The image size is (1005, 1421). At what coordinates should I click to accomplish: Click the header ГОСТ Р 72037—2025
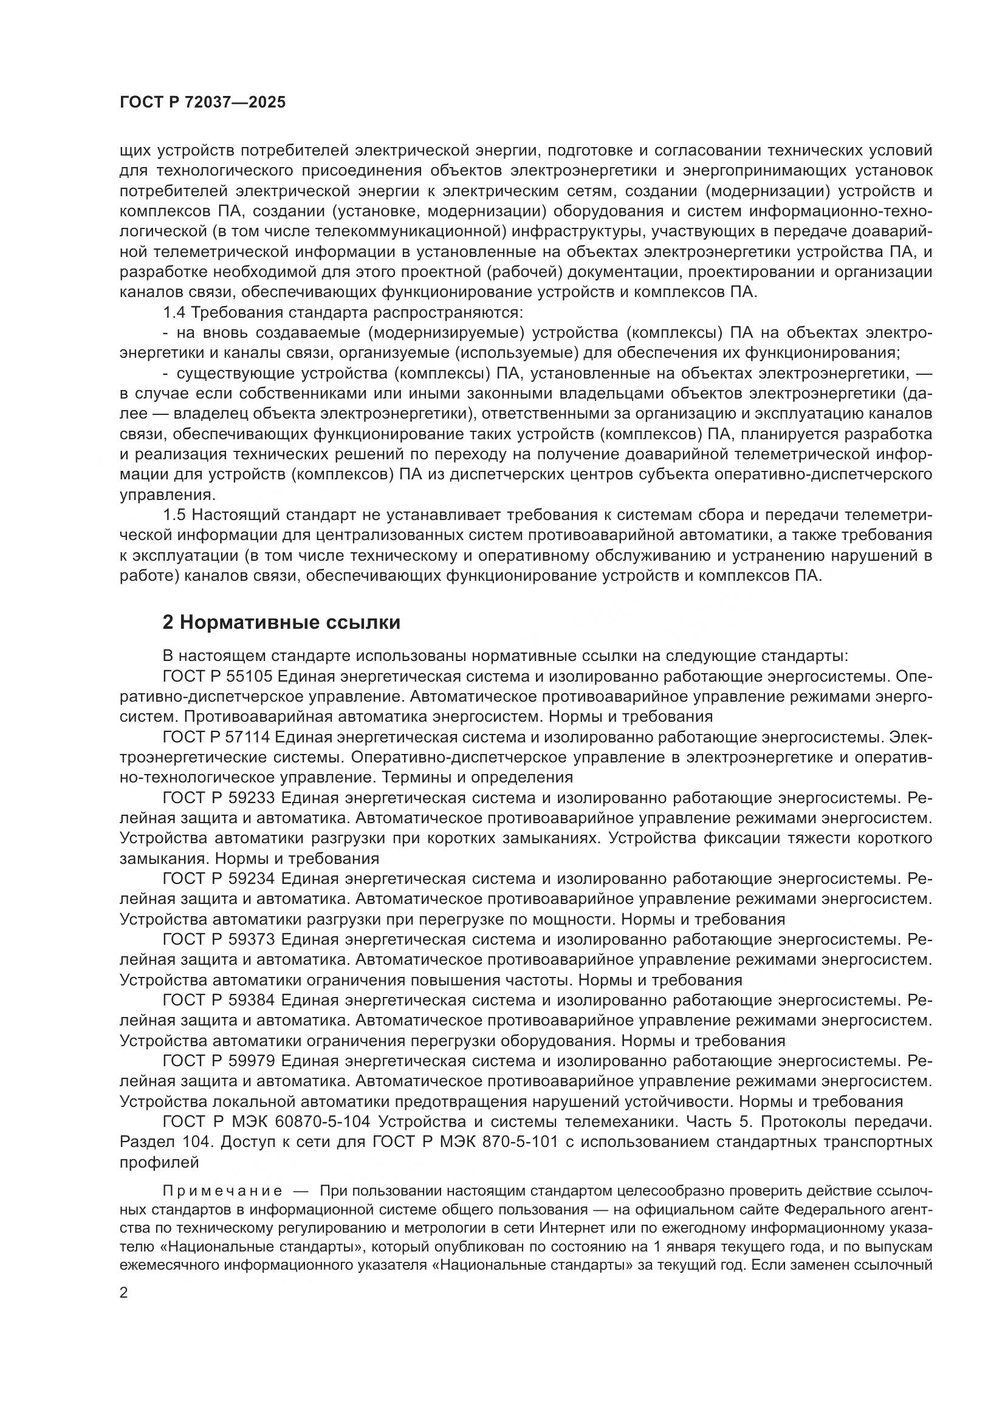point(202,103)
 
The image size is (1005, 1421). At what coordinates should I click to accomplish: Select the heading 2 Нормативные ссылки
point(281,622)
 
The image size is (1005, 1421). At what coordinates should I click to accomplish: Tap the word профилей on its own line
point(159,1162)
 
